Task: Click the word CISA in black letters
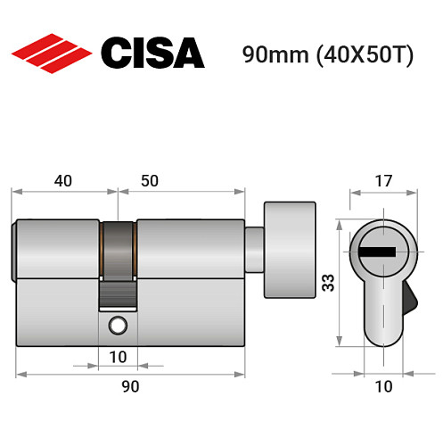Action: pos(152,54)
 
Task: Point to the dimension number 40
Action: pos(62,180)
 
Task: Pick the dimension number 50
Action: pos(149,180)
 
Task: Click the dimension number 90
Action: pos(130,386)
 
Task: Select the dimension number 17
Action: pos(381,180)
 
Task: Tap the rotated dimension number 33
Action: pos(328,284)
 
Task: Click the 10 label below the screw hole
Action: pos(118,358)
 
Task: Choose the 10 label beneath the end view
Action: pos(381,386)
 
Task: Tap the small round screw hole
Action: pos(117,326)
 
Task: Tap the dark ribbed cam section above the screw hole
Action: pos(117,293)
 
